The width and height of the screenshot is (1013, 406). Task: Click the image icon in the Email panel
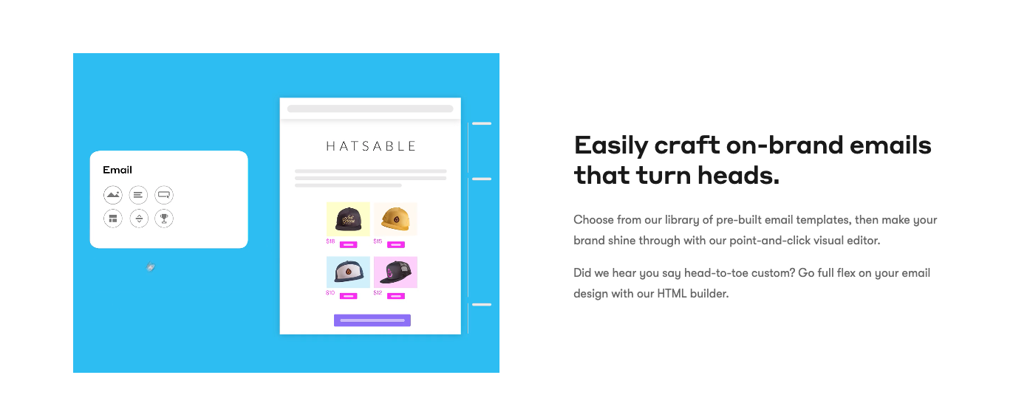(112, 195)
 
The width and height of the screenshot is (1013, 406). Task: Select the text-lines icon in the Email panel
(138, 195)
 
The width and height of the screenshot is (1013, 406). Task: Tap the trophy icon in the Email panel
(164, 219)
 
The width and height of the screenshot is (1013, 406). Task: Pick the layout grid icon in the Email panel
(112, 219)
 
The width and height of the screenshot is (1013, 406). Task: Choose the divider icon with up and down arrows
(139, 219)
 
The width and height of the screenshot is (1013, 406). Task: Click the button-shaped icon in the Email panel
(164, 195)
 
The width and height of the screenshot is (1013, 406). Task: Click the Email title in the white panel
(117, 170)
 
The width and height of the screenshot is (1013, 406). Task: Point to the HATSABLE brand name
(371, 146)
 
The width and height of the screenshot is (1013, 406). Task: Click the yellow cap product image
(395, 219)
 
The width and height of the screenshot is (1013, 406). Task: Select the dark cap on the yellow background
(348, 219)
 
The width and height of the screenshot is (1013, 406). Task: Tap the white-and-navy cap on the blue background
(348, 272)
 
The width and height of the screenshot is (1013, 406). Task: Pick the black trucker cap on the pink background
(395, 272)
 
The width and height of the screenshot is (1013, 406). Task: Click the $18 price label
(330, 241)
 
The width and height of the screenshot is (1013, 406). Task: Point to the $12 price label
(378, 292)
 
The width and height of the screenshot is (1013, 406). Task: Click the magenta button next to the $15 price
(396, 245)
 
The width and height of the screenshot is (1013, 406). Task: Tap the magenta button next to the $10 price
(349, 296)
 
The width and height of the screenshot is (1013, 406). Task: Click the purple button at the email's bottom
(372, 320)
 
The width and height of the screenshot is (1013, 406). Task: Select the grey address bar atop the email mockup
(370, 109)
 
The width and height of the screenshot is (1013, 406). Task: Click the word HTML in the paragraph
(672, 294)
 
